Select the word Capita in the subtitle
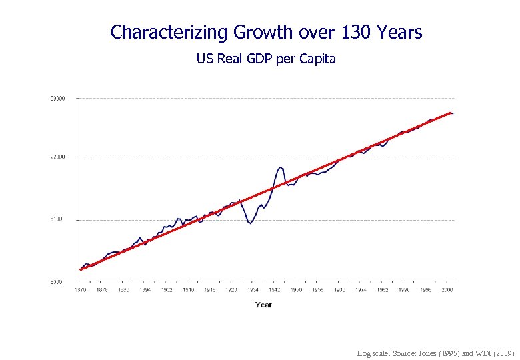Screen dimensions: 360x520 coord(319,59)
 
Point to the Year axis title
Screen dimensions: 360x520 coord(263,305)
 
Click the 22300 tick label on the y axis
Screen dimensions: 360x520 coord(57,158)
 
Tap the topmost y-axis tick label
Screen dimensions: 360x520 coord(57,99)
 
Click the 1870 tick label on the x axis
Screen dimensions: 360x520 coord(80,290)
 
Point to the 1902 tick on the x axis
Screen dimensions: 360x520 coord(167,290)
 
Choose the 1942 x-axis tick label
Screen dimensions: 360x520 coord(275,290)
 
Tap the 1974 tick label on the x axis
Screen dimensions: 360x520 coord(361,290)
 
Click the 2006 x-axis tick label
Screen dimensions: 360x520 coord(447,290)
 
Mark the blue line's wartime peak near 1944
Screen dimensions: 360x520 coord(281,167)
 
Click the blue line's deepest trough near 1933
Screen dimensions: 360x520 coord(250,223)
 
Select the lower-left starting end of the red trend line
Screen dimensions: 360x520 coord(80,270)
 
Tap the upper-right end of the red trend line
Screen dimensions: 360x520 coord(451,113)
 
